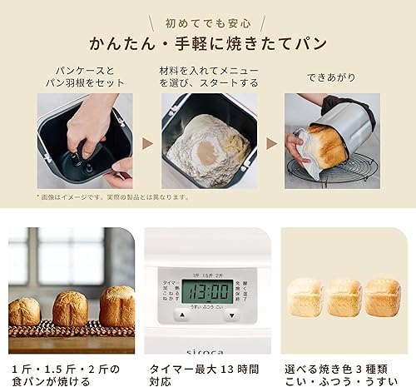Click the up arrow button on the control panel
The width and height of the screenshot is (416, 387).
(x=181, y=316)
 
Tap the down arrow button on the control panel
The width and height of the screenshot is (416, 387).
(x=232, y=316)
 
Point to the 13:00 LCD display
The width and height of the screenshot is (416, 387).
(x=206, y=292)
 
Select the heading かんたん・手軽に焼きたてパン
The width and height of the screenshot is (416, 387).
(x=207, y=44)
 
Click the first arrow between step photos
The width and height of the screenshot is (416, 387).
(x=147, y=143)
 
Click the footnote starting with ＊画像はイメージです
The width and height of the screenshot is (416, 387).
(x=112, y=198)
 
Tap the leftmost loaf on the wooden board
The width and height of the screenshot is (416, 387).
(x=24, y=311)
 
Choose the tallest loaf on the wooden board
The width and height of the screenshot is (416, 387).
(x=116, y=305)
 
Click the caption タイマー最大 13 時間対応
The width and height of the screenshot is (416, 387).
(x=205, y=374)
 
